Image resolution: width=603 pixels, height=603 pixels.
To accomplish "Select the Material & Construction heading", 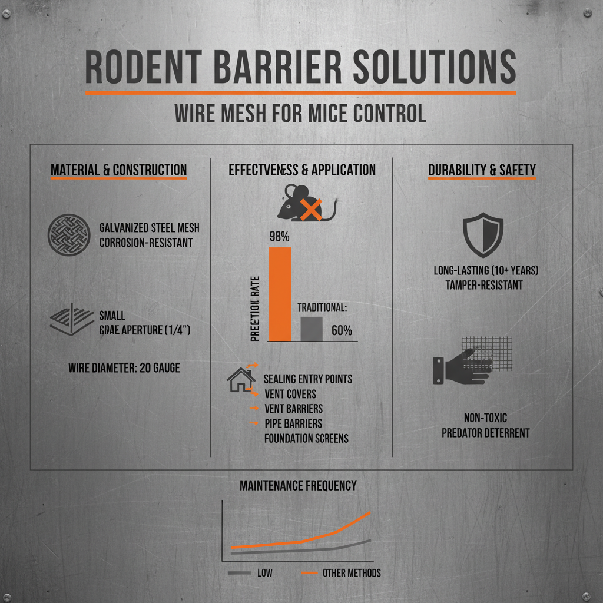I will [x=118, y=170].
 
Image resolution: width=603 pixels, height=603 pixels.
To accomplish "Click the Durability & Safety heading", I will [x=482, y=170].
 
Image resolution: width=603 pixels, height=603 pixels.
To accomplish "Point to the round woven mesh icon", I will [x=69, y=234].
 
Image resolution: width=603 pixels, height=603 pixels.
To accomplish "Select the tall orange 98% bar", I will [x=280, y=293].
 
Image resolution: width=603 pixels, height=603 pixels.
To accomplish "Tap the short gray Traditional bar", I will [x=312, y=329].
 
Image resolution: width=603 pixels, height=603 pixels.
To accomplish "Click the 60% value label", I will [x=342, y=330].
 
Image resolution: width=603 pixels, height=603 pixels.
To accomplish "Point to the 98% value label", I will [x=280, y=237].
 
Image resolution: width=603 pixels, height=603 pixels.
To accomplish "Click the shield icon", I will [x=483, y=234].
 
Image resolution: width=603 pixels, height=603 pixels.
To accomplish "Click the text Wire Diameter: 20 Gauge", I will [x=124, y=368].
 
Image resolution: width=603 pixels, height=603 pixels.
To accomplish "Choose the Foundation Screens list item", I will [x=306, y=438].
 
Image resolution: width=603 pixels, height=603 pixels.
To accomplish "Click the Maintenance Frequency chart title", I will [x=298, y=486].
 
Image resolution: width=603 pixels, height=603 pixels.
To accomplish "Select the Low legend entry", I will [x=264, y=573].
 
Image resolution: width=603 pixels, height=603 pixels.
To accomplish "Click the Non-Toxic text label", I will [x=486, y=418].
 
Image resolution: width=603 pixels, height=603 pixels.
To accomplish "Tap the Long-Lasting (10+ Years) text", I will [x=486, y=271].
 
